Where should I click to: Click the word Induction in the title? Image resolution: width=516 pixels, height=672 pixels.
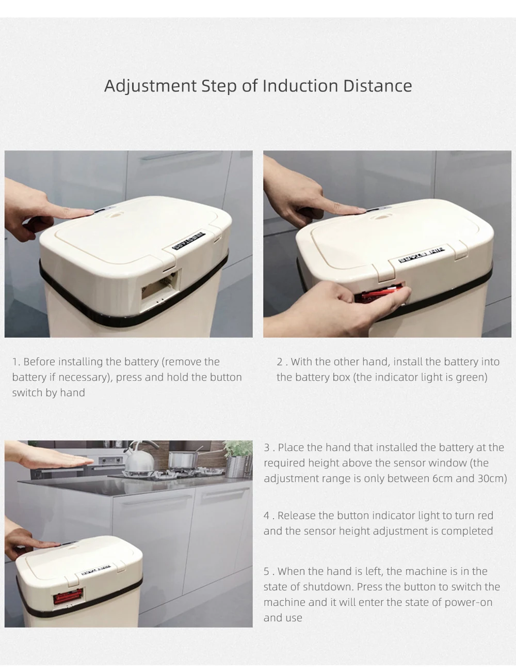300,86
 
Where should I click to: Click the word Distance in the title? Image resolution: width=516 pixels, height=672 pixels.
377,86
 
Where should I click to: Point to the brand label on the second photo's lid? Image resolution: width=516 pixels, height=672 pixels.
422,254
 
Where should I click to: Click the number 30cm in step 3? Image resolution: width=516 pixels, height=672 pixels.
492,478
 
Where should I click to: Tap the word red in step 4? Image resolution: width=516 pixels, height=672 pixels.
486,515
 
